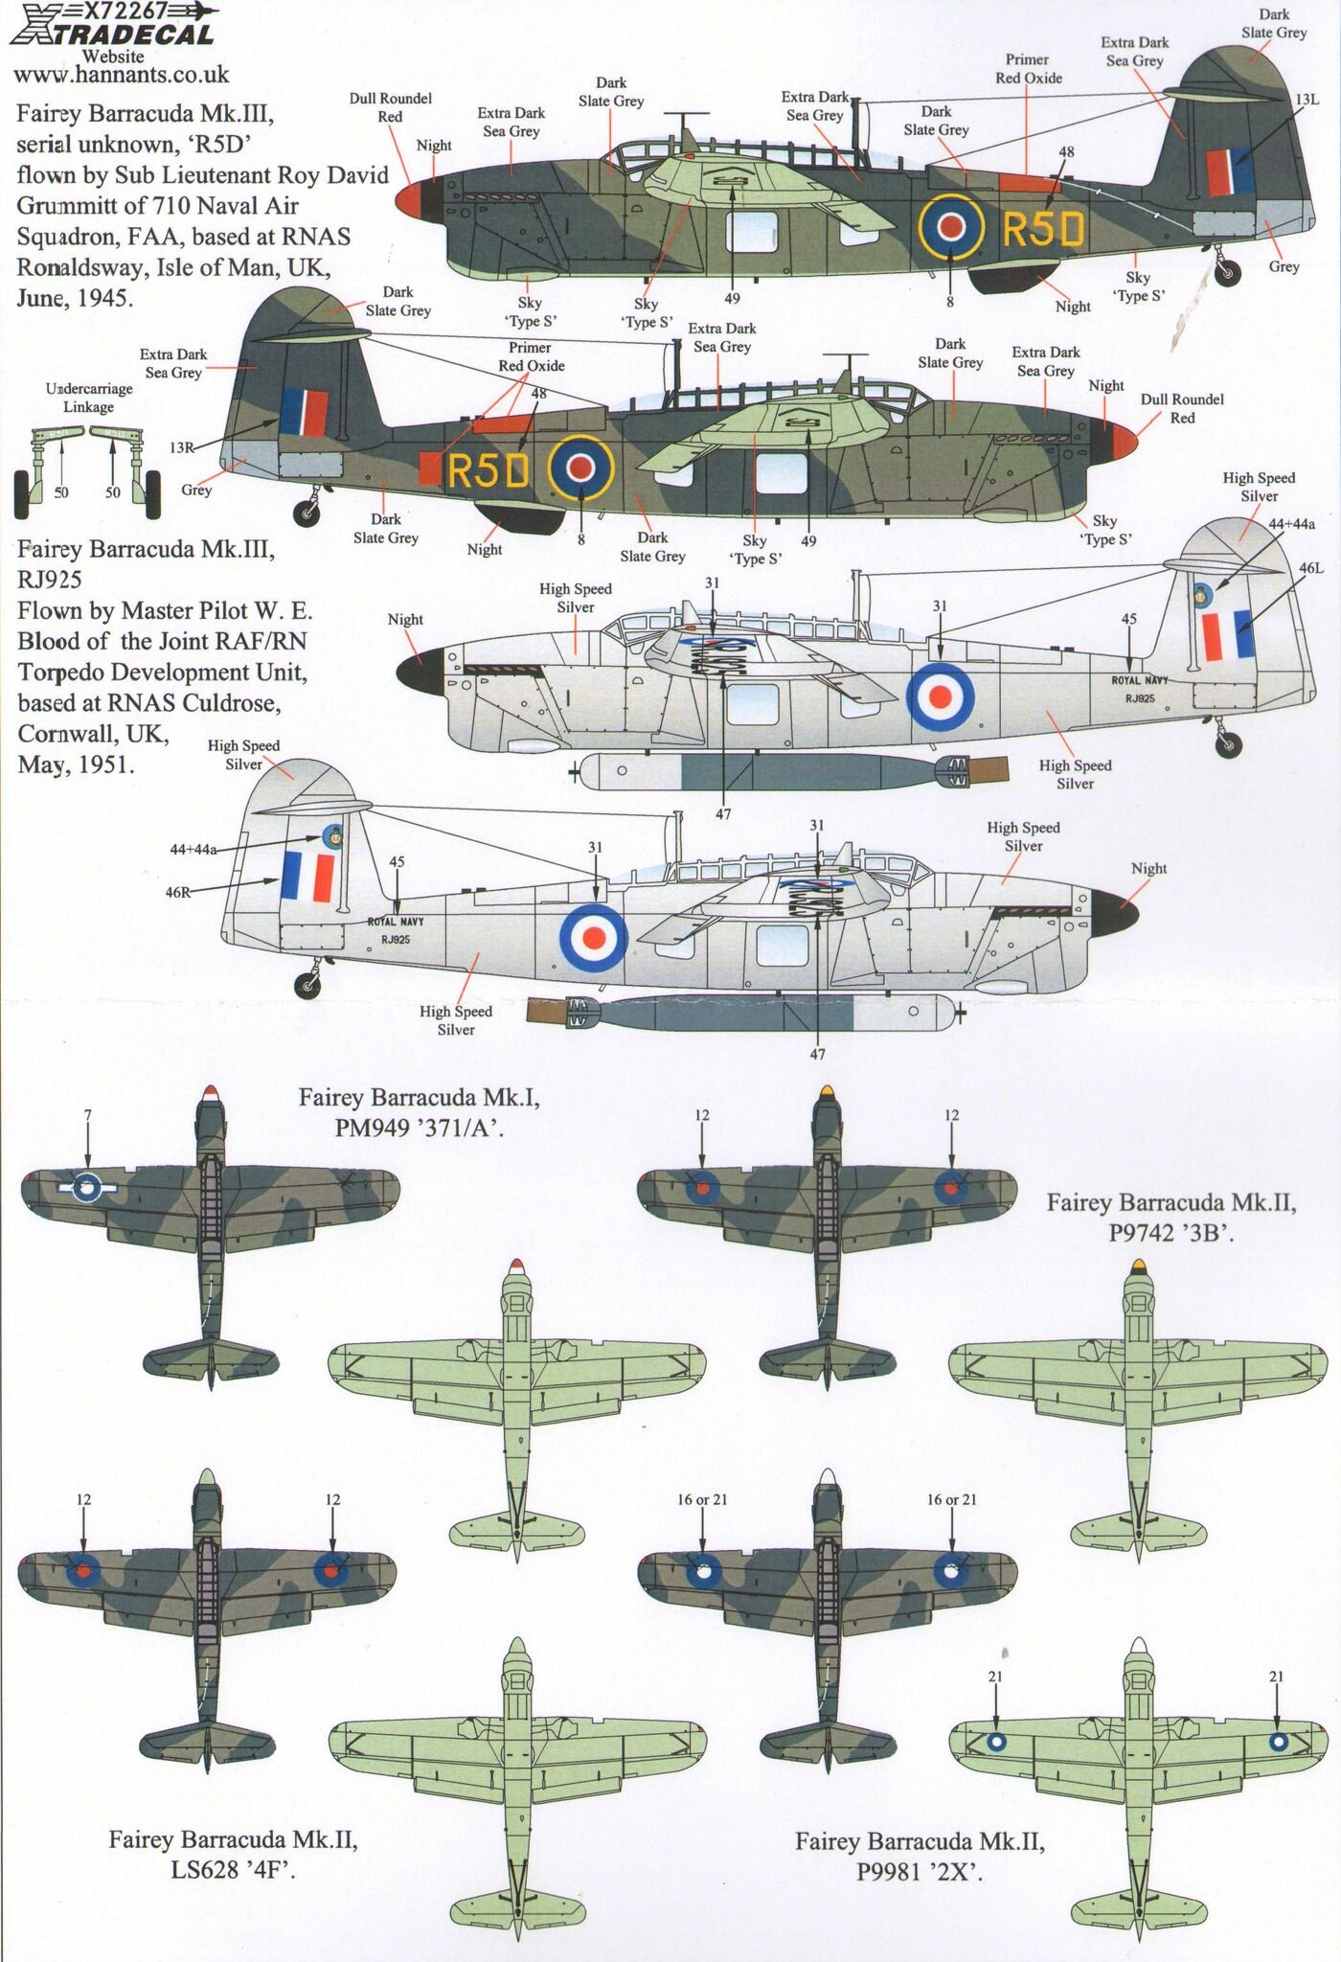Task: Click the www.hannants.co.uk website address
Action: click(x=123, y=74)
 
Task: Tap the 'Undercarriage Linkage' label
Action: click(x=89, y=398)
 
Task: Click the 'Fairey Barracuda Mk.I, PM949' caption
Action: click(x=419, y=1112)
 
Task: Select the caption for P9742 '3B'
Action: click(x=1171, y=1218)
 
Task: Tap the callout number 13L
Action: click(x=1307, y=100)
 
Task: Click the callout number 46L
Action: click(x=1311, y=568)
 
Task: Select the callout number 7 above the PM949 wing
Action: click(x=87, y=1114)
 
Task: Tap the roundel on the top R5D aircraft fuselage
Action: click(x=950, y=225)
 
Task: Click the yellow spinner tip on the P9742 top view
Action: click(x=827, y=1089)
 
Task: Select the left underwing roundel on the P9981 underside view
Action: click(x=996, y=1744)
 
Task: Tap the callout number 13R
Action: click(x=181, y=447)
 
